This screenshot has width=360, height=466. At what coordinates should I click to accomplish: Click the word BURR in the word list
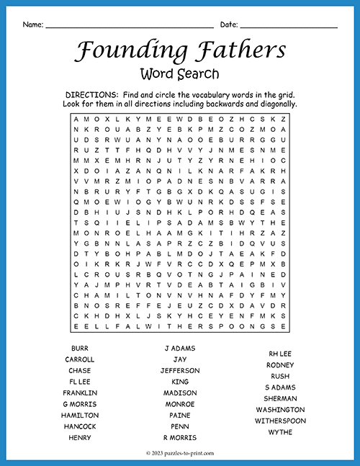[x=80, y=348]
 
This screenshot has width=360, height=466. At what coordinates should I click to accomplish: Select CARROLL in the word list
[x=80, y=359]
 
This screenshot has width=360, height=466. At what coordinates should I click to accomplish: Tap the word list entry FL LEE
[x=80, y=382]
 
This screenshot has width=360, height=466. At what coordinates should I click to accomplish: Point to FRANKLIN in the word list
[x=80, y=393]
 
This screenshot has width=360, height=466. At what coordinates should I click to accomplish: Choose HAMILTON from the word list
[x=80, y=416]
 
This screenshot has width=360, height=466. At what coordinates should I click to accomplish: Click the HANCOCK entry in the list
[x=80, y=426]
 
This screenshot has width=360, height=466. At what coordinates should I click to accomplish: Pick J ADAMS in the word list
[x=180, y=348]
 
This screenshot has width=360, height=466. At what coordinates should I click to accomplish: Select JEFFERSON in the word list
[x=180, y=370]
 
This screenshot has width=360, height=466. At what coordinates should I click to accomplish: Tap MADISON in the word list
[x=180, y=393]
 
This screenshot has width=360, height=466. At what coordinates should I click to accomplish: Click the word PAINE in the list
[x=180, y=416]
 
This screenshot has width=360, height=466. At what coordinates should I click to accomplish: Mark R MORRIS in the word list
[x=180, y=438]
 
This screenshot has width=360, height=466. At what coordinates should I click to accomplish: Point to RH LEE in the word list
[x=280, y=354]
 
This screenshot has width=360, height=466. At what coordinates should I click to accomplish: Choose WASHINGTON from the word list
[x=280, y=410]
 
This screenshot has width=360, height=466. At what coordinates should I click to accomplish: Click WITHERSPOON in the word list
[x=280, y=421]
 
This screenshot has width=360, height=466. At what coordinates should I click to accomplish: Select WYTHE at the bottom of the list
[x=280, y=432]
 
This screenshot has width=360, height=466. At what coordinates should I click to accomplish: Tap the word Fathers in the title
[x=238, y=50]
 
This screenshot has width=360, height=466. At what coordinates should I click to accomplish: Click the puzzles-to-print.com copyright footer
[x=180, y=454]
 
